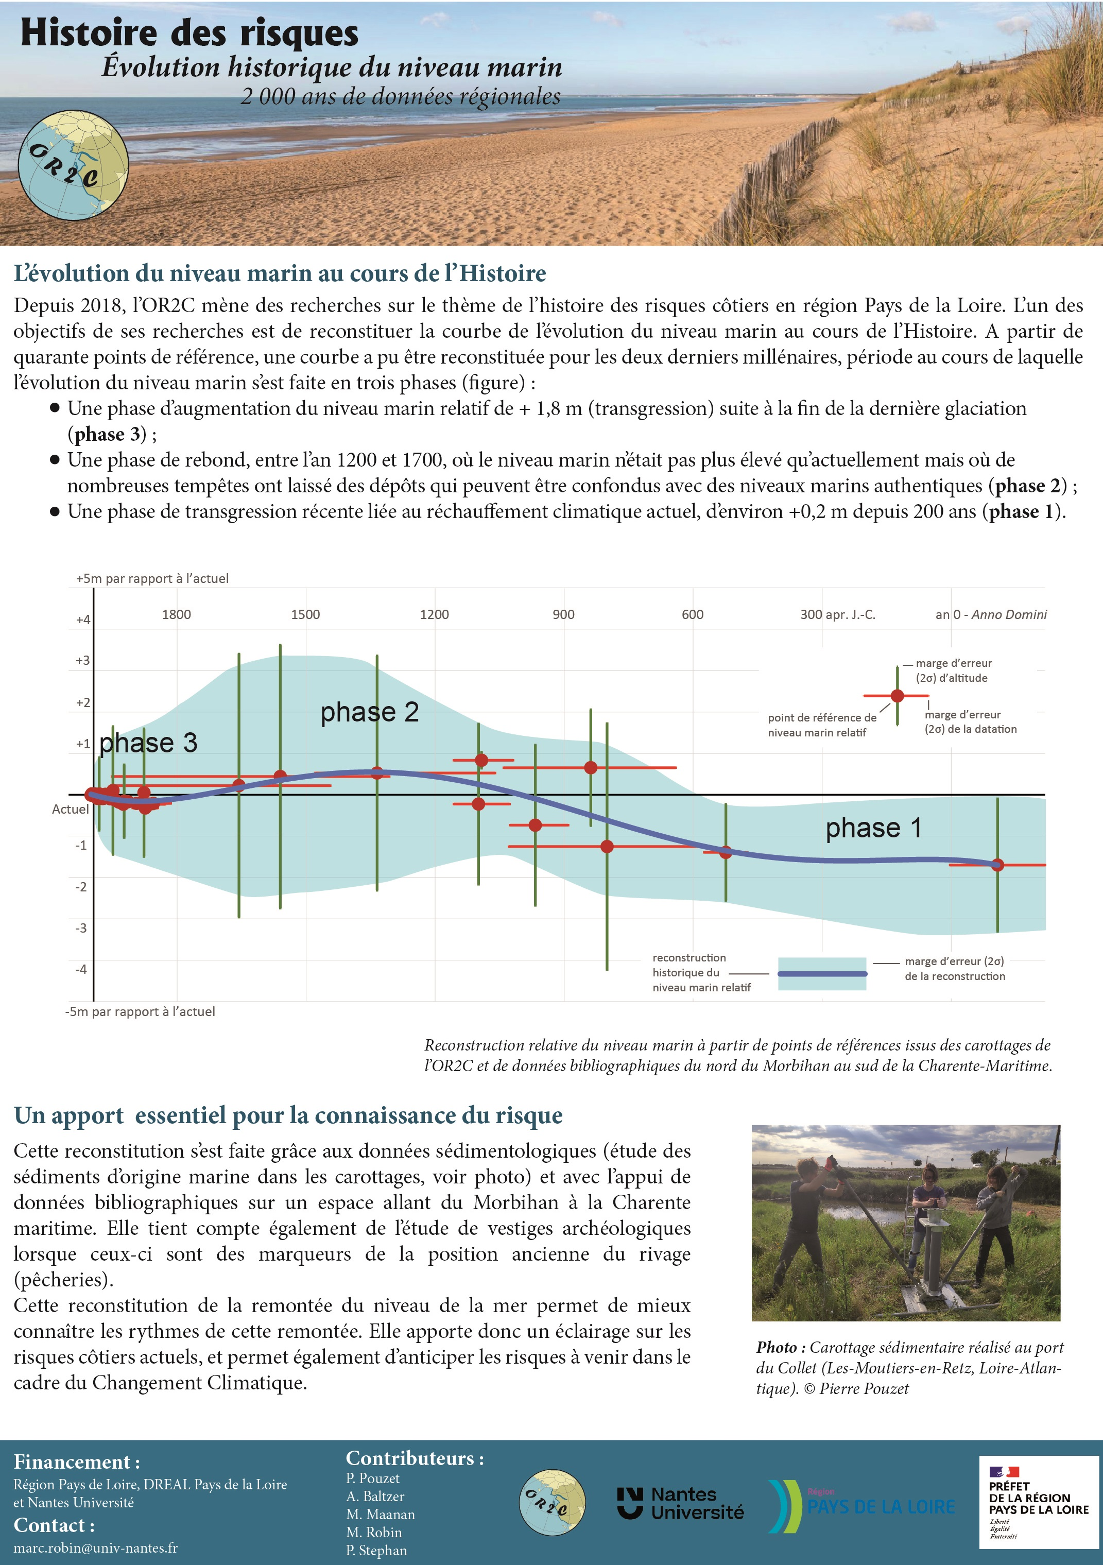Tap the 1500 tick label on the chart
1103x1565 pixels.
click(x=305, y=614)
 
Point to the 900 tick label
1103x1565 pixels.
click(x=563, y=614)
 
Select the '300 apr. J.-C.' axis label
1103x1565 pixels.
click(x=837, y=614)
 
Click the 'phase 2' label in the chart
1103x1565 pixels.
click(x=370, y=712)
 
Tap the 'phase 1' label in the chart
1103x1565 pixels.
click(x=873, y=828)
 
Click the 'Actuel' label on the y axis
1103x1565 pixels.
click(x=70, y=809)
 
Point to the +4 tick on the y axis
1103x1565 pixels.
click(x=82, y=620)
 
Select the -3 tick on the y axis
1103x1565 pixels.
click(x=81, y=927)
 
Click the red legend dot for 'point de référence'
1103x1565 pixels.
click(x=897, y=695)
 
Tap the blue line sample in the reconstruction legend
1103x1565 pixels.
click(x=821, y=974)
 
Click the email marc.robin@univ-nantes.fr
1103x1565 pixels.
click(x=95, y=1547)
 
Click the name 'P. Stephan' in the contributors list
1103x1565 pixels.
click(x=376, y=1550)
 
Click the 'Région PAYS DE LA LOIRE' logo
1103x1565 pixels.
click(x=863, y=1505)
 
